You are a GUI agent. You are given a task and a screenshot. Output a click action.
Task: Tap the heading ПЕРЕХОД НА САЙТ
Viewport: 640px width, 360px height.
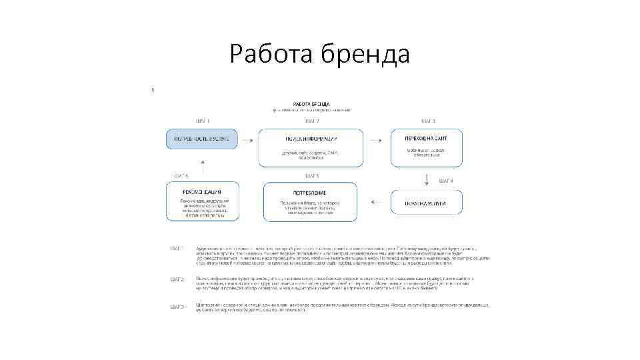tap(425, 137)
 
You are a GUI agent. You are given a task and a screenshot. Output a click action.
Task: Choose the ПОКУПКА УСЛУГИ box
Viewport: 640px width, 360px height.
tap(425, 203)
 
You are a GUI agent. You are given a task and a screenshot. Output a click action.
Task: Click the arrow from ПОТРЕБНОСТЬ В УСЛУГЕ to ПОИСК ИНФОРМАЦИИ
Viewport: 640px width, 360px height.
tap(247, 139)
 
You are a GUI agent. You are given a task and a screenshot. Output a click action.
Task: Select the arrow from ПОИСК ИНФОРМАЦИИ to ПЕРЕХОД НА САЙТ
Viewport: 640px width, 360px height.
tap(378, 139)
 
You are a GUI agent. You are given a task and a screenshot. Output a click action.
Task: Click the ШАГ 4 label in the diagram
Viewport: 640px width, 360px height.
tap(446, 181)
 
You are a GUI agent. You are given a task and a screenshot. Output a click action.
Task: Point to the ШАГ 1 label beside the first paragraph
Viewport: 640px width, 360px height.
tap(177, 249)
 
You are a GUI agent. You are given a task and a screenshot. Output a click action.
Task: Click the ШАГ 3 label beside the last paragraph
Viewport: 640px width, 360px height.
tap(177, 306)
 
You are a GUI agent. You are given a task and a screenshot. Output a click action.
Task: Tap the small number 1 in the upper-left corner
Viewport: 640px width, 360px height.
tap(153, 89)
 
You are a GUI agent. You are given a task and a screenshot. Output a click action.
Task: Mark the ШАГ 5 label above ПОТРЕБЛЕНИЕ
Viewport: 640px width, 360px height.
tap(312, 176)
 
